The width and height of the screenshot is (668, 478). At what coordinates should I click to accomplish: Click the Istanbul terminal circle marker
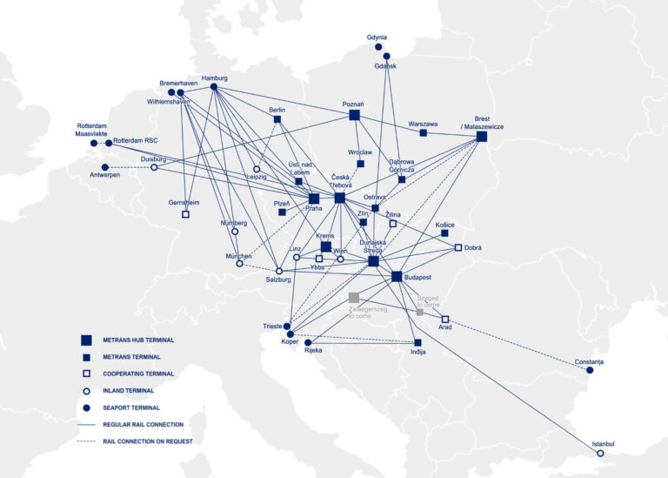point(600,453)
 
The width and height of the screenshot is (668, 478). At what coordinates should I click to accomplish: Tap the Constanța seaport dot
point(590,370)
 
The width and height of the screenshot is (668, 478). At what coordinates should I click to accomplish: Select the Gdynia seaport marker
point(378,47)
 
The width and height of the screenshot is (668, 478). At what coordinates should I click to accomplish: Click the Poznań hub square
point(354,115)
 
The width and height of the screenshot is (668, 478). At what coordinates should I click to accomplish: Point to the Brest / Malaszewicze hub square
point(482,137)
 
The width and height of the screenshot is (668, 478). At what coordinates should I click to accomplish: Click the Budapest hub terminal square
point(397,277)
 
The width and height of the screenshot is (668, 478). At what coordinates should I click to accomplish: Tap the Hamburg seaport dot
point(214,87)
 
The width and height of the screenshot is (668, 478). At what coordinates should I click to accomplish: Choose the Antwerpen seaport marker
point(105,167)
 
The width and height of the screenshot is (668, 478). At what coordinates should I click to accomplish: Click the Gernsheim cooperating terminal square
point(185,213)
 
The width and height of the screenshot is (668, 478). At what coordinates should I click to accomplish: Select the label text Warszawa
point(423,124)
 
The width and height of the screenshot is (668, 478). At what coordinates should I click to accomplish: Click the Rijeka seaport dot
point(308,343)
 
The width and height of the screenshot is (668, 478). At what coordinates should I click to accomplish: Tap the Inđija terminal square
point(418,343)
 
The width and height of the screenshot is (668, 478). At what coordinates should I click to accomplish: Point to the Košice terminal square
point(444,233)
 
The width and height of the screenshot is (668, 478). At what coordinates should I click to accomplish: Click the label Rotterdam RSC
point(136,140)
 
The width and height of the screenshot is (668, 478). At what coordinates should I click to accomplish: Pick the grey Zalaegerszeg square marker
point(354,297)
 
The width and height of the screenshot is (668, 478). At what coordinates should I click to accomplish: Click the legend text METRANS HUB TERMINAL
point(139,340)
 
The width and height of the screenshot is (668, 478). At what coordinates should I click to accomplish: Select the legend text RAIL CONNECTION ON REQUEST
point(147,441)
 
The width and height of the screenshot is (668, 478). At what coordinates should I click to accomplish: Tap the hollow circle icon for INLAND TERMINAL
point(86,391)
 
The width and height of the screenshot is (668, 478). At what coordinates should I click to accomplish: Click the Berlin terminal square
point(277,119)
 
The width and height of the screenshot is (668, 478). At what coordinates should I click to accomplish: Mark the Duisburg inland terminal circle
point(154,167)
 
